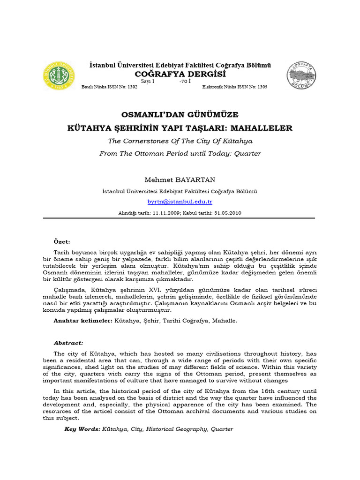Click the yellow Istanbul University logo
59,76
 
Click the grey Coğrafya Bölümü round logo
301,76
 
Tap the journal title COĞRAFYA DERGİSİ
180,74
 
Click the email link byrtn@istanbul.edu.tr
180,202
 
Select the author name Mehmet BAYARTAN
180,180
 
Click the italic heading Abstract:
68,343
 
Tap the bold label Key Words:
82,429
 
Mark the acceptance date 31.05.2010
227,213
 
